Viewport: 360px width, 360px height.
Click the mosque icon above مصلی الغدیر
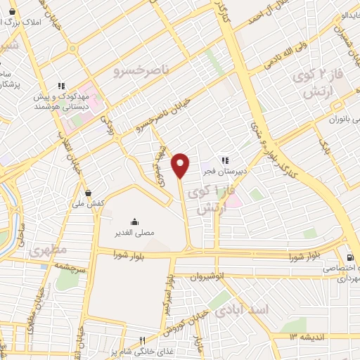[x=134, y=223]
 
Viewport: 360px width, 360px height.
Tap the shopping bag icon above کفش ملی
[x=88, y=193]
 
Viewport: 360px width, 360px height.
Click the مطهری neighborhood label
[x=48, y=250]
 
